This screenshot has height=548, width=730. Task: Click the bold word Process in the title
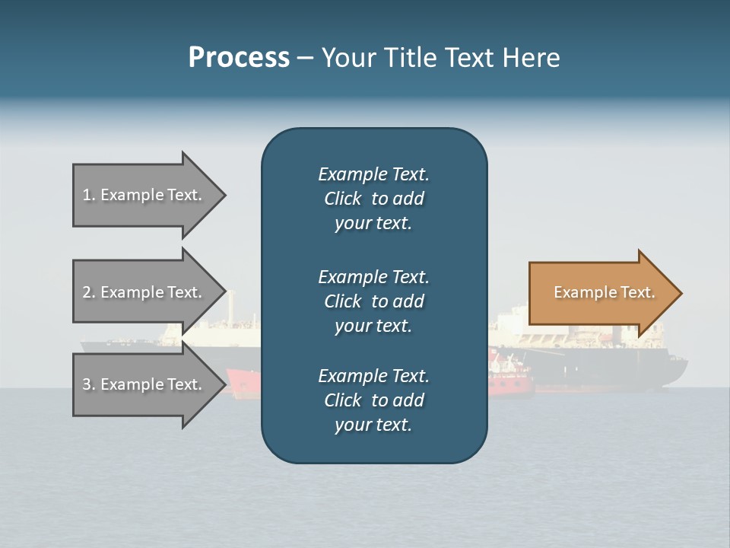239,58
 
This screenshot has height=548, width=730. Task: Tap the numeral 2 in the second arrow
87,292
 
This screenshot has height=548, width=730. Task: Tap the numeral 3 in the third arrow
87,384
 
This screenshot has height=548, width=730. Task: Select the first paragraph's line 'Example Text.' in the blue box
373,174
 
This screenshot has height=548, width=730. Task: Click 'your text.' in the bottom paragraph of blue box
373,425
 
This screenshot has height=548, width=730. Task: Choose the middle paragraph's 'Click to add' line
373,301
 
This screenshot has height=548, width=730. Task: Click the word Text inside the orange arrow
637,292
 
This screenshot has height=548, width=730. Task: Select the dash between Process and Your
305,59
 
